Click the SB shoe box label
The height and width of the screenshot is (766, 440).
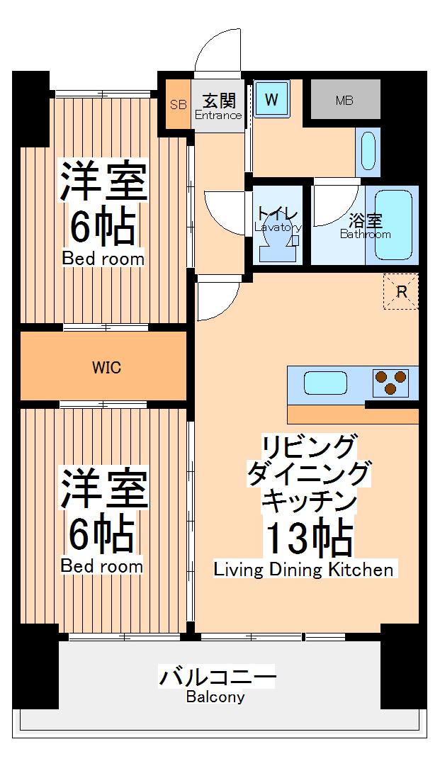click(x=178, y=104)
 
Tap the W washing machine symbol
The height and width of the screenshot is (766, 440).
click(x=271, y=100)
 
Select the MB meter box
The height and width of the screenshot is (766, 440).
click(x=345, y=100)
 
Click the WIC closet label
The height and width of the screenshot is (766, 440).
click(x=106, y=368)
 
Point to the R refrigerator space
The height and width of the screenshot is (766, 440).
click(x=401, y=292)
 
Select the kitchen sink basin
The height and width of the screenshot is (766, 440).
click(x=325, y=383)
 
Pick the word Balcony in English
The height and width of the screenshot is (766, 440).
click(x=215, y=697)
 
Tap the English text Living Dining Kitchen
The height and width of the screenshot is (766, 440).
click(x=303, y=570)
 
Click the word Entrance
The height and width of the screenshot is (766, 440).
click(x=218, y=116)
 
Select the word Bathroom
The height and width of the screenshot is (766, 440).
click(x=365, y=235)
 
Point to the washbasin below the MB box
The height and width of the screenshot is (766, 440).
click(x=367, y=151)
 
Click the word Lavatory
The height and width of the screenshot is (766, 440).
click(x=278, y=227)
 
